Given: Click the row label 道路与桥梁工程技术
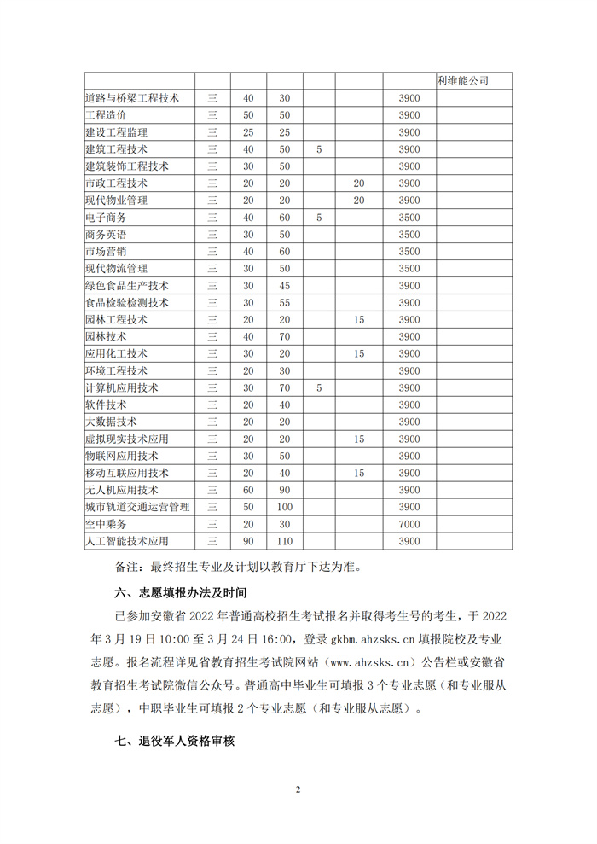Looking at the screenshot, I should coord(132,98).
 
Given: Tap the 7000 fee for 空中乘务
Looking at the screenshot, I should coord(409,524).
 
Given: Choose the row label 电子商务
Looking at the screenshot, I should coord(106,218).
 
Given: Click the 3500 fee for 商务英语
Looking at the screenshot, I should coord(409,235).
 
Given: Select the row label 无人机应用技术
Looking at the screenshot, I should coord(122,490).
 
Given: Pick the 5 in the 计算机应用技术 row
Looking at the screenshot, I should coord(318,387).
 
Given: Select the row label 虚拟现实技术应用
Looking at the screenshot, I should coord(127,439).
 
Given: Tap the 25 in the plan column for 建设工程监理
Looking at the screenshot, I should coord(248,132).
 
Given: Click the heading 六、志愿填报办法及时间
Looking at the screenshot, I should coord(181,591).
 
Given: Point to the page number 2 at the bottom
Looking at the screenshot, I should coord(298,789).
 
